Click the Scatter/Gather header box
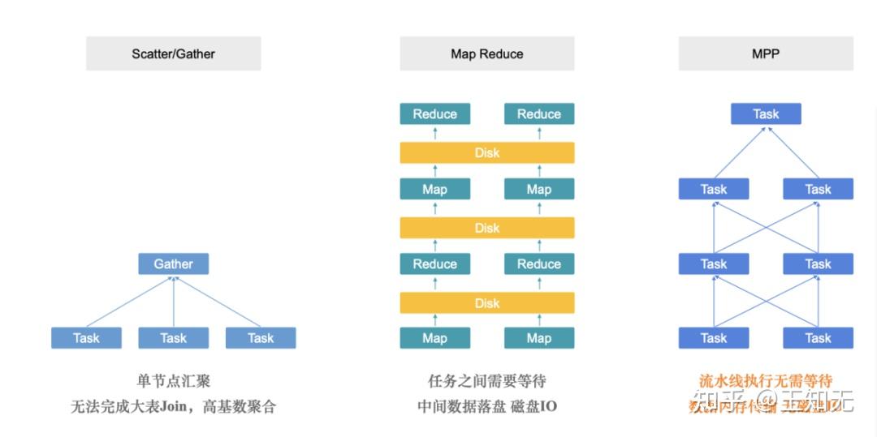click(x=173, y=54)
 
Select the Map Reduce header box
click(x=486, y=54)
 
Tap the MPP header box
click(x=766, y=54)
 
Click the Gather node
click(x=173, y=263)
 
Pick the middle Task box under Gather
click(x=173, y=338)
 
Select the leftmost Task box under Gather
click(x=86, y=338)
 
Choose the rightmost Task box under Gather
click(x=261, y=338)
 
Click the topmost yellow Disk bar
click(x=486, y=152)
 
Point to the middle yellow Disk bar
click(x=486, y=228)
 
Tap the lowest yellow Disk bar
click(x=486, y=302)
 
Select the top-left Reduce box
click(x=434, y=114)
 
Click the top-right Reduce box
click(x=538, y=114)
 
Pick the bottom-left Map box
click(x=434, y=338)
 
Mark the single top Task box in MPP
click(x=766, y=114)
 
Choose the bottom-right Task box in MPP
click(x=818, y=338)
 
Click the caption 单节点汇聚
click(x=173, y=381)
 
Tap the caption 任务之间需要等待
click(x=486, y=381)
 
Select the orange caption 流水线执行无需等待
click(x=766, y=381)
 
